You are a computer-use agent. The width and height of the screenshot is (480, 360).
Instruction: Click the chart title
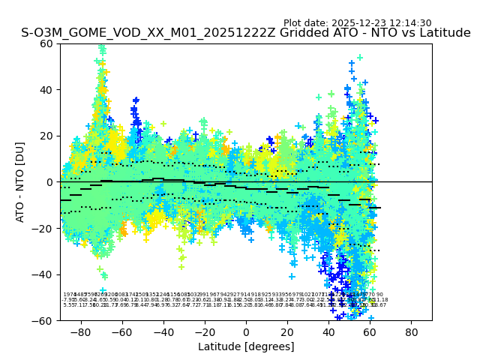246,34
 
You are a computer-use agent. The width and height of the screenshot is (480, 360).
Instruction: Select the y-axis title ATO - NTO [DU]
21,182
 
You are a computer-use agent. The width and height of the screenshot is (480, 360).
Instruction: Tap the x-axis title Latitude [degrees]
246,347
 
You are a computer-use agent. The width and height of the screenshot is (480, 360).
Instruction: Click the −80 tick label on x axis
80,331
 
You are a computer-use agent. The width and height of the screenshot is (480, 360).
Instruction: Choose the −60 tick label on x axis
121,331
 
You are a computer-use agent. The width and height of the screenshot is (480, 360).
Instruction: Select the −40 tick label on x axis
163,331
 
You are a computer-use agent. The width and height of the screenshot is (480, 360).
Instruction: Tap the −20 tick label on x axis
204,331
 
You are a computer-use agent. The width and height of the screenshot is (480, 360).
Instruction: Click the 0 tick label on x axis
246,331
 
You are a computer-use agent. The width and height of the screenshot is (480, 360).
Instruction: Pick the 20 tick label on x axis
287,331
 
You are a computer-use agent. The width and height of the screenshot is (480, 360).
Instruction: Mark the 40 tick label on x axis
328,331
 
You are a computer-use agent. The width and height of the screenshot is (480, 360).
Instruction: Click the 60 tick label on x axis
370,331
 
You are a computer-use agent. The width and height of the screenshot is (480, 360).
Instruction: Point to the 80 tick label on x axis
411,331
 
